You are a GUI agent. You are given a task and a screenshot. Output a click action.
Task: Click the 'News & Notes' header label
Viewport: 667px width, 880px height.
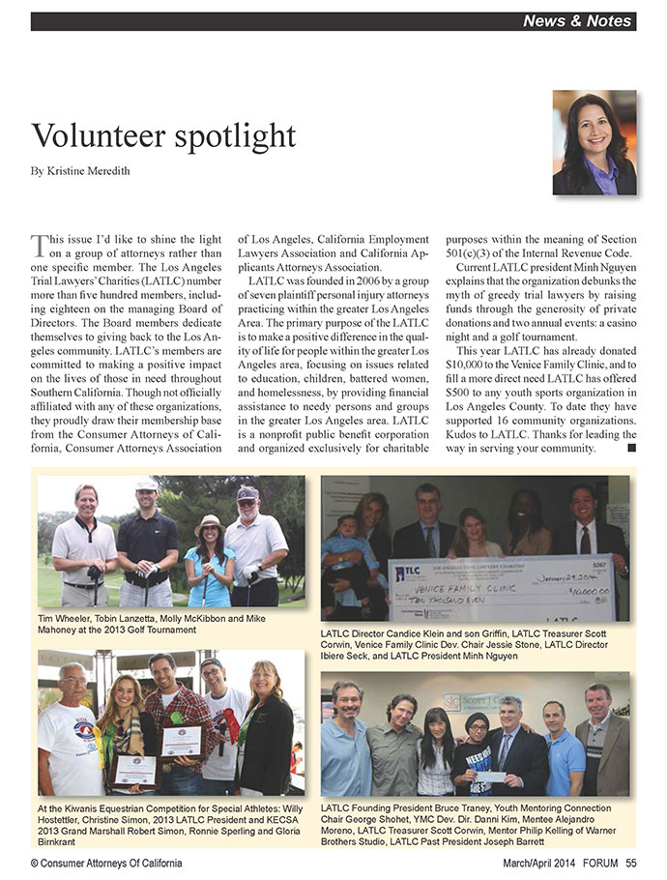[x=576, y=20]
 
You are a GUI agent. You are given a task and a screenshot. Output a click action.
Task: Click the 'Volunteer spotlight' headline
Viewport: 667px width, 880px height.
[x=164, y=134]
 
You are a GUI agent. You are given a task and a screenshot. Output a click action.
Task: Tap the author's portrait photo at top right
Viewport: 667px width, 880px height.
[x=594, y=143]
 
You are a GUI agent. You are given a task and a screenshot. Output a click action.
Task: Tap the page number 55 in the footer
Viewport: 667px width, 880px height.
[x=630, y=863]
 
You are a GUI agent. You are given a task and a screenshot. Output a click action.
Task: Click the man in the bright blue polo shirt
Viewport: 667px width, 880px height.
[x=564, y=749]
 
